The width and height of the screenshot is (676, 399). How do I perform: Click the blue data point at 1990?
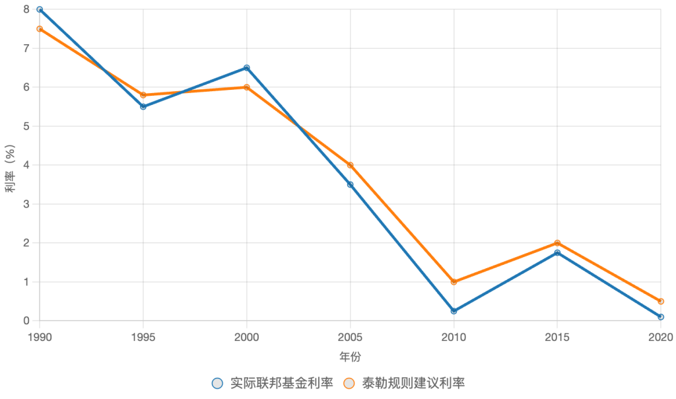40,9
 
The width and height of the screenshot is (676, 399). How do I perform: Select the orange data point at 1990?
40,29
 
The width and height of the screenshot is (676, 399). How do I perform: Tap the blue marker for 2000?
247,67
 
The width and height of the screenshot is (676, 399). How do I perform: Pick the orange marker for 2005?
351,165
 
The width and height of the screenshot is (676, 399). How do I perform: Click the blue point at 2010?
454,311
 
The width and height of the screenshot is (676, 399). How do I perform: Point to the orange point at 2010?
454,282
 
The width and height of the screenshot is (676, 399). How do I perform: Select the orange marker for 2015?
558,243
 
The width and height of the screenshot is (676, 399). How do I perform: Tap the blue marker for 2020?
661,317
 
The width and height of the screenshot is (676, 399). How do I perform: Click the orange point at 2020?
661,301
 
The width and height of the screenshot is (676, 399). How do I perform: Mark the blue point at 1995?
143,106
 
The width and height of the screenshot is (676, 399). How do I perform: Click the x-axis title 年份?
350,357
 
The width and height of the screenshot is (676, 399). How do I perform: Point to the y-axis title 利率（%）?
11,165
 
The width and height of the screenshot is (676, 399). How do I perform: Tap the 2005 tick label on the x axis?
350,337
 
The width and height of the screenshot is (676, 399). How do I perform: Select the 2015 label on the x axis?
557,337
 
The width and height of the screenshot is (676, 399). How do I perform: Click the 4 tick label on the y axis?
26,165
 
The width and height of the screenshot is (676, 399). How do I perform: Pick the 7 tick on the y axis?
26,48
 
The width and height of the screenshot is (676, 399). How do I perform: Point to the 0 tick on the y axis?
26,321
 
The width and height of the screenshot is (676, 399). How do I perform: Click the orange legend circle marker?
350,383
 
